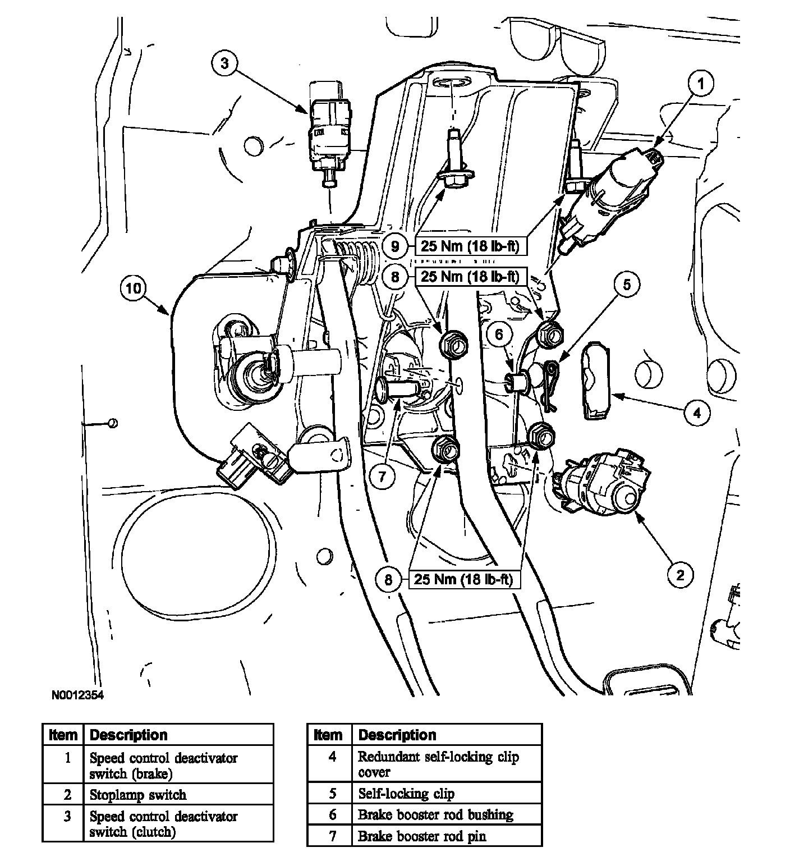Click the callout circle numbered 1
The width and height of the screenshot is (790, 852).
point(700,84)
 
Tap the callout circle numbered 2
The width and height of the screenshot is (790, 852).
point(680,574)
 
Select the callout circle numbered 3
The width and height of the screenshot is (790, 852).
point(224,63)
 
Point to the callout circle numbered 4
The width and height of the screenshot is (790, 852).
point(696,413)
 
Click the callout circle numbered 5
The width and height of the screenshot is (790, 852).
point(627,285)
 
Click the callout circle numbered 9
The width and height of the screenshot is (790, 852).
point(395,246)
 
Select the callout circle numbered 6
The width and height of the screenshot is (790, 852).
point(499,335)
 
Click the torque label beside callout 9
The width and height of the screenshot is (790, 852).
point(470,246)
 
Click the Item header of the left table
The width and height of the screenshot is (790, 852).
point(63,735)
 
